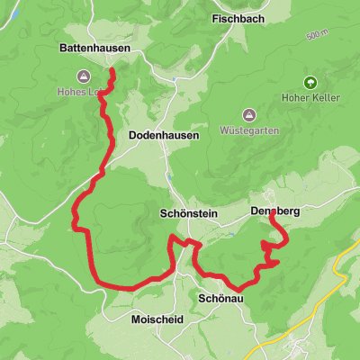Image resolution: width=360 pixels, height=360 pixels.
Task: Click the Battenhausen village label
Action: pyautogui.click(x=94, y=48)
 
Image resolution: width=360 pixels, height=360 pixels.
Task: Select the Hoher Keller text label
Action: pyautogui.click(x=310, y=101)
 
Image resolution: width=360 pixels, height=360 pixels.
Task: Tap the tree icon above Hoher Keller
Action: pyautogui.click(x=310, y=83)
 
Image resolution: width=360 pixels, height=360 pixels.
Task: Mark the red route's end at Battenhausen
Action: pyautogui.click(x=112, y=71)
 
